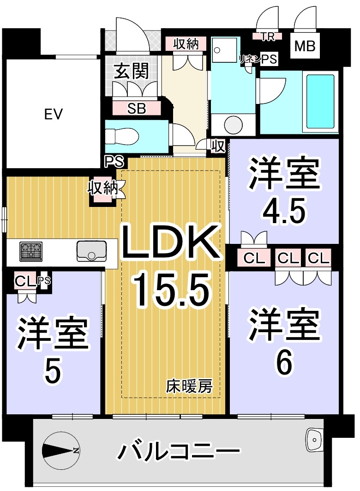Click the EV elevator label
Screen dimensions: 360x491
tap(54, 114)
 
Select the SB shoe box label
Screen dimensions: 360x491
tap(137, 109)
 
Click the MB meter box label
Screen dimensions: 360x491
tap(305, 46)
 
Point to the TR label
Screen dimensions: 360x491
tap(268, 36)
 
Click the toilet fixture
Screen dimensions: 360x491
tap(122, 137)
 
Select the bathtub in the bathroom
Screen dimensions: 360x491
tap(320, 101)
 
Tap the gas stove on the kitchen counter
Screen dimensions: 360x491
tap(31, 251)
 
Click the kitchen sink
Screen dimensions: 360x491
tap(91, 251)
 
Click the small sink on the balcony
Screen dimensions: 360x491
tap(314, 440)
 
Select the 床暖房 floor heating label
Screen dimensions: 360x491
tap(189, 387)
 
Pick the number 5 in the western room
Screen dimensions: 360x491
tap(53, 371)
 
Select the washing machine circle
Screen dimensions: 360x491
tap(234, 125)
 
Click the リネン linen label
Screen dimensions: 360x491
tap(250, 59)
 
